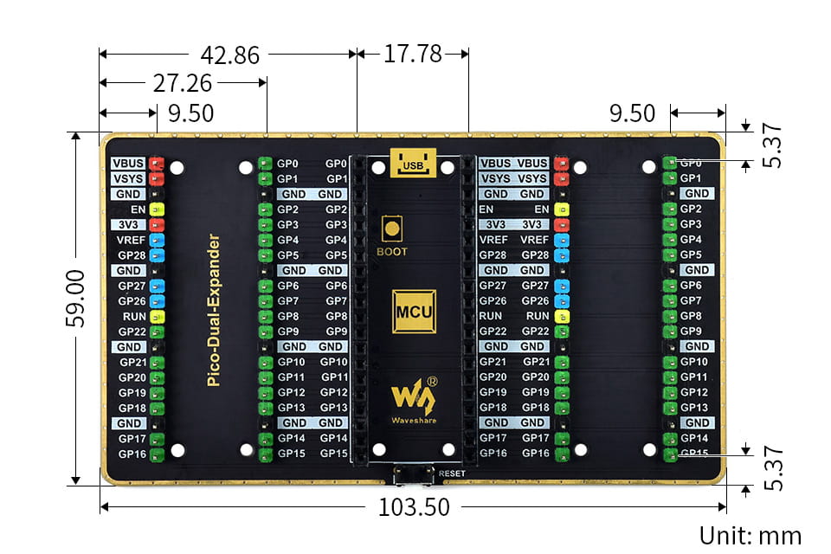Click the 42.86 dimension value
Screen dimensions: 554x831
tap(229, 55)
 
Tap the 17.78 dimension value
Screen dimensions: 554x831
tap(413, 54)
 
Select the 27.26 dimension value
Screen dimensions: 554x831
tap(183, 83)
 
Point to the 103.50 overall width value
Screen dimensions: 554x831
tap(414, 507)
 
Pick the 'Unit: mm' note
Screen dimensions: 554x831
tap(750, 536)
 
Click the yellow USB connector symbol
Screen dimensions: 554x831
tap(413, 163)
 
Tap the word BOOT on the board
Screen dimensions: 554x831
tap(391, 252)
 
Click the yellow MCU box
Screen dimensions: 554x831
tap(413, 311)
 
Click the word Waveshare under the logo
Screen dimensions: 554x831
tap(409, 421)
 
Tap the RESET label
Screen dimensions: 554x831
tap(452, 473)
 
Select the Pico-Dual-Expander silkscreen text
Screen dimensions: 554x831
tap(214, 309)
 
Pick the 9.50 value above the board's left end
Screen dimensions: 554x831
tap(190, 113)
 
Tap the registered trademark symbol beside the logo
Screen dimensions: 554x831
tap(433, 380)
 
